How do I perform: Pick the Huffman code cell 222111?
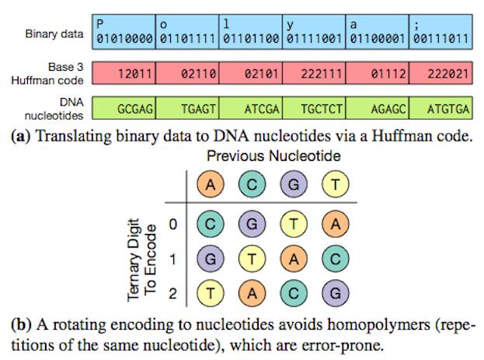coord(313,73)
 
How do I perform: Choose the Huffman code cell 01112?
coord(377,73)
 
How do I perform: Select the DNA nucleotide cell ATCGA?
coord(249,110)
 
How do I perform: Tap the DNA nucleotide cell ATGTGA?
coord(440,110)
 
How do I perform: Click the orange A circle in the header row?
coord(211,185)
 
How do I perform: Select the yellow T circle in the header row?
coord(336,185)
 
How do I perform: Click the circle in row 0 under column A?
coord(211,224)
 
